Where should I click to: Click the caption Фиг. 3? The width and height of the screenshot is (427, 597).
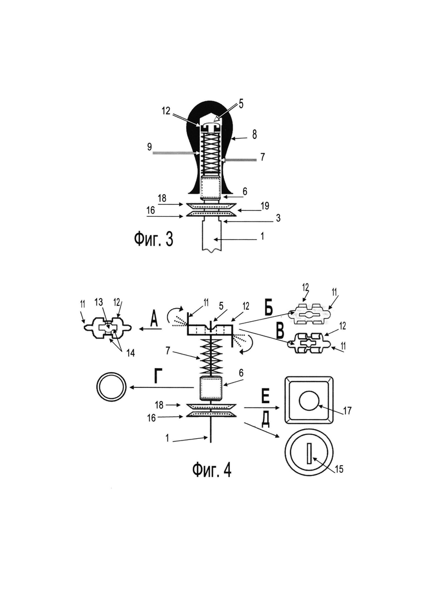[153, 239]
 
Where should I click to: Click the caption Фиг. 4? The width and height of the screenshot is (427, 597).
[212, 470]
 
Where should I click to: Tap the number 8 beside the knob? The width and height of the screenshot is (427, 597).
[254, 135]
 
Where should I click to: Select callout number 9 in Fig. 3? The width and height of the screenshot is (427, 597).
[149, 147]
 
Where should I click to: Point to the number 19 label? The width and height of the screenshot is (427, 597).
[265, 206]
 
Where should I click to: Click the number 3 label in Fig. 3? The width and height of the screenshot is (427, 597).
[278, 218]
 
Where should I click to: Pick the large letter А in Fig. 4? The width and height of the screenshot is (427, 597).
[153, 318]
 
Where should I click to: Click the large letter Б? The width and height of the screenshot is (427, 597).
[269, 309]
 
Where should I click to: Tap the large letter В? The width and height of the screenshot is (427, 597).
[280, 331]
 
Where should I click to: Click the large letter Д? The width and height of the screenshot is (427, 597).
[265, 419]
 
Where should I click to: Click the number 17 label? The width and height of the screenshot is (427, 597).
[347, 411]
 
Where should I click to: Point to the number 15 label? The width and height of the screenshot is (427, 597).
[339, 469]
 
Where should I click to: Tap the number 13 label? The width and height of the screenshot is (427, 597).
[99, 302]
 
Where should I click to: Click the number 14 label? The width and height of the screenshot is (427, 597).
[130, 353]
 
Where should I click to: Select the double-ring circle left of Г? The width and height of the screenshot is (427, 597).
[111, 386]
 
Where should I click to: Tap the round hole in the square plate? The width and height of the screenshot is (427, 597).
[309, 401]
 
